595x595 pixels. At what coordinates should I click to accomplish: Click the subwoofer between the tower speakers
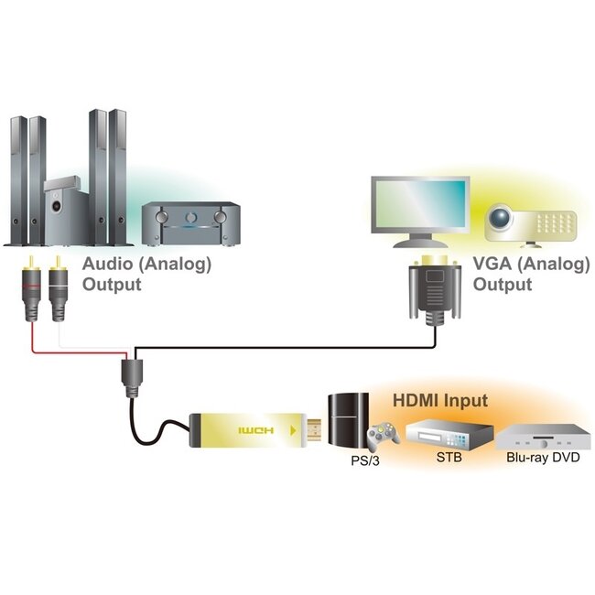tap(63, 209)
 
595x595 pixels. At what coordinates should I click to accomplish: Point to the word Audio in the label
tap(109, 265)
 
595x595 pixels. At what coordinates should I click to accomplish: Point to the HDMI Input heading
tap(439, 400)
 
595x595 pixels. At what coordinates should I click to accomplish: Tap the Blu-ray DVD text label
tap(543, 458)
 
